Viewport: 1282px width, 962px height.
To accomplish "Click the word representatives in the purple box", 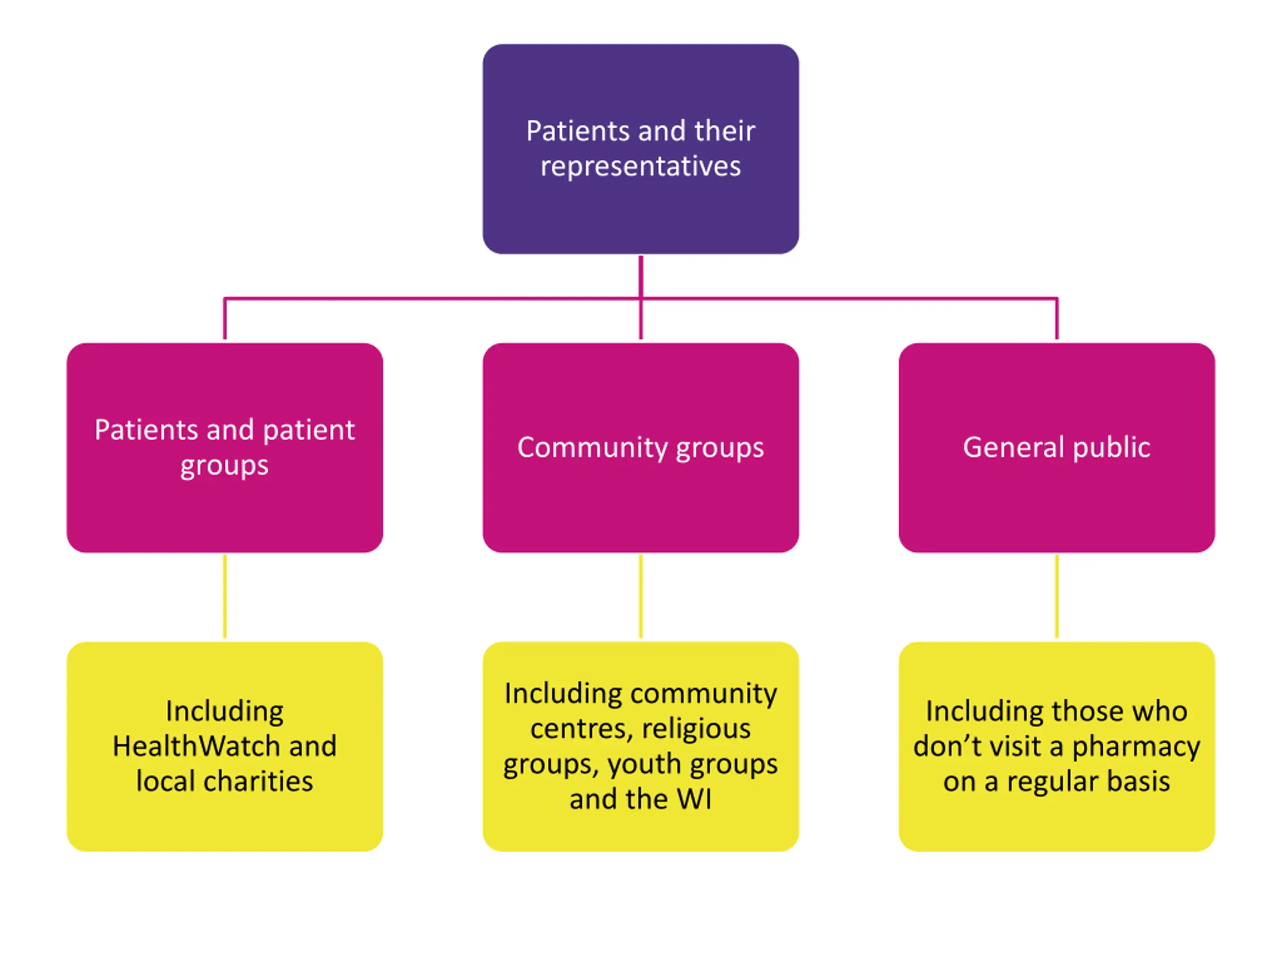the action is (640, 166).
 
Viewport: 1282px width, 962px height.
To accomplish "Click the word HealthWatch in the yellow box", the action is (196, 746).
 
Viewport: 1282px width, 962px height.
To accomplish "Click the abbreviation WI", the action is (694, 799).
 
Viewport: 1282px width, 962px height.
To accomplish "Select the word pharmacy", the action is (1136, 747).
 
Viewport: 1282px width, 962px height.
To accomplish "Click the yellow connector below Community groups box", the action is (640, 597).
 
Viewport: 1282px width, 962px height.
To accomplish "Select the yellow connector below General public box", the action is (1057, 597).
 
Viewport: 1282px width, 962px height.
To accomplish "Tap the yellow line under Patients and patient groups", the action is (225, 597).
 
